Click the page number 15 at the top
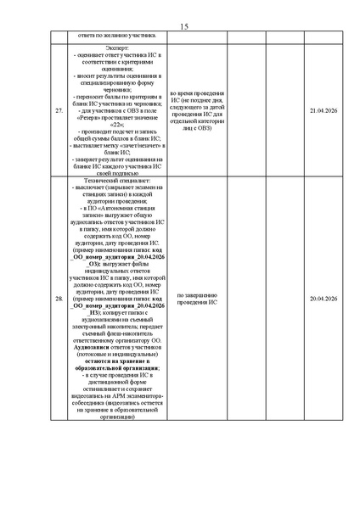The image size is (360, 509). [x=183, y=27]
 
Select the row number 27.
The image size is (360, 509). [x=59, y=111]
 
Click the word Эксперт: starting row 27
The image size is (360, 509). [x=117, y=48]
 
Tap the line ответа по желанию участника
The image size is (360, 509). [x=117, y=36]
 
